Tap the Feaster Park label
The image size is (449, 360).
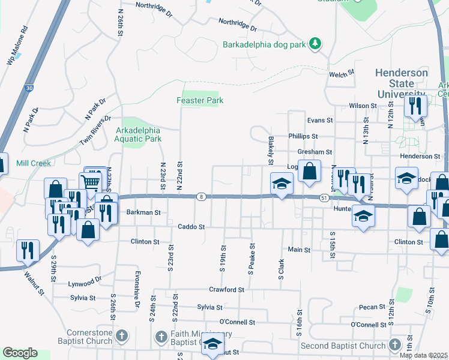(x=200, y=100)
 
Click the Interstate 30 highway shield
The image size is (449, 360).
(x=29, y=88)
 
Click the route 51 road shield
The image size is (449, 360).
(x=324, y=197)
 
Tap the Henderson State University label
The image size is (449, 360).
(x=402, y=83)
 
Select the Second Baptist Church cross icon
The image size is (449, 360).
(x=394, y=345)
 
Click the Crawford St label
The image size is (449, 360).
(x=226, y=289)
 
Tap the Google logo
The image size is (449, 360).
(x=20, y=353)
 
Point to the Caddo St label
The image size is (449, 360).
(x=191, y=227)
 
